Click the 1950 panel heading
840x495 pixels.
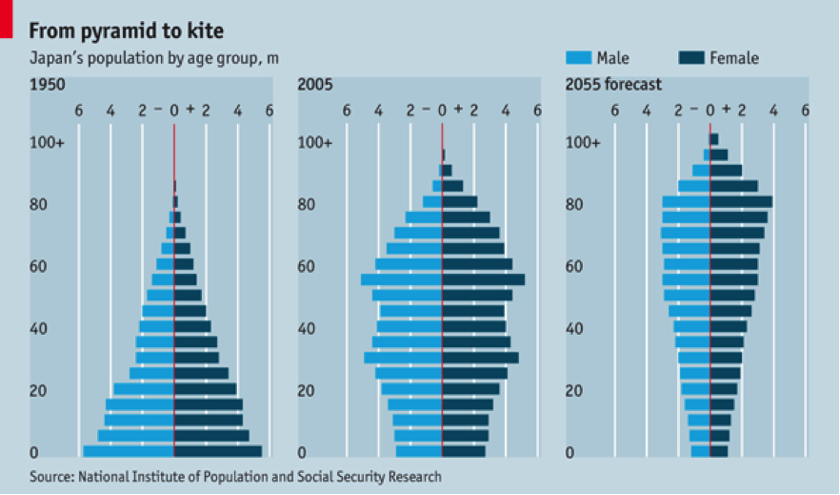click(x=47, y=85)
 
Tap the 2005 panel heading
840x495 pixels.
click(x=314, y=85)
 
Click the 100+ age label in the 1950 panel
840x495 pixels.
click(x=47, y=143)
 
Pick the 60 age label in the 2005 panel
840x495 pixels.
click(x=306, y=267)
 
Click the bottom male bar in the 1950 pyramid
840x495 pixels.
click(x=129, y=451)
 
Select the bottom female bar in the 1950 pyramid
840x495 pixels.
click(x=218, y=451)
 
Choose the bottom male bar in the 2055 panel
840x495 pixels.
click(x=700, y=451)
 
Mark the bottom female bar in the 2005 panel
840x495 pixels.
click(x=464, y=451)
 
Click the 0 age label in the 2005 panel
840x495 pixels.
click(x=302, y=453)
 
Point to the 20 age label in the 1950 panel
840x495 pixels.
click(x=38, y=391)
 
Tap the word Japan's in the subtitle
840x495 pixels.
click(x=56, y=59)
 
